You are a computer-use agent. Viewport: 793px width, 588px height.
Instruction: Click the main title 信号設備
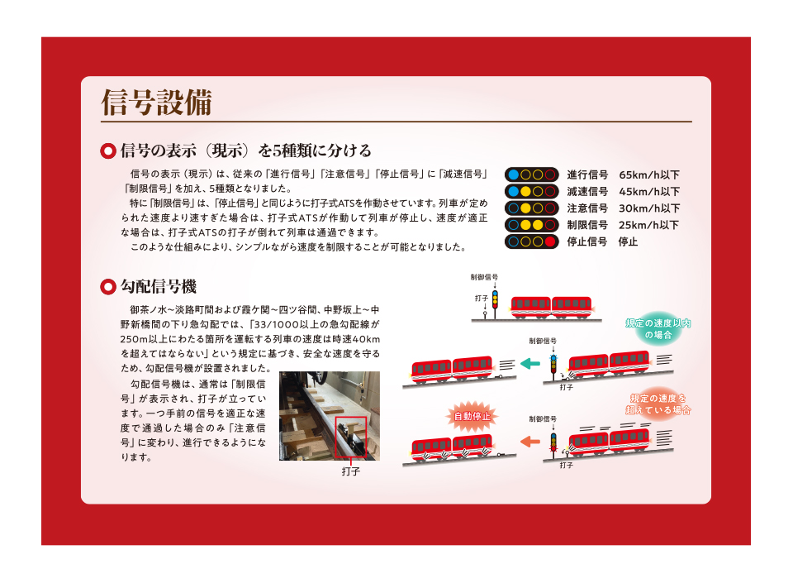coord(156,103)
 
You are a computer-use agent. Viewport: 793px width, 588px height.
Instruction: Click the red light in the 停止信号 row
coord(550,241)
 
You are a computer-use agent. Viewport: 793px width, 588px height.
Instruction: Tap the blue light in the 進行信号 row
coord(513,174)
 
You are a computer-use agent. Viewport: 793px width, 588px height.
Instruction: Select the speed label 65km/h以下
coord(649,174)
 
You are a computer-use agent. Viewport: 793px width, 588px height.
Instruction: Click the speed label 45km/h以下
coord(649,191)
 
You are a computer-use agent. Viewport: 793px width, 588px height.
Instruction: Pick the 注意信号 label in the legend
coord(587,208)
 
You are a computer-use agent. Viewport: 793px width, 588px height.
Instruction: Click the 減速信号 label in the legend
coord(587,191)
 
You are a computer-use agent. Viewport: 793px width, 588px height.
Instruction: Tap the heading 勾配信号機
coord(159,287)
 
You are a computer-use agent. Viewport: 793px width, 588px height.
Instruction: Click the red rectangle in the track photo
coord(350,437)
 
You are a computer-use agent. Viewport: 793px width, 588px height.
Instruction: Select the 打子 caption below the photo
coord(351,471)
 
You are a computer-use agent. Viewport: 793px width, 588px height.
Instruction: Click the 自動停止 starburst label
coord(472,416)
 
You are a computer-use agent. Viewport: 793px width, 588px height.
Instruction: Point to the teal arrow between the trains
coord(530,364)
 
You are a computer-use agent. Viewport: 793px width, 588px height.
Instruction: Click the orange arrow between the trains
coord(530,442)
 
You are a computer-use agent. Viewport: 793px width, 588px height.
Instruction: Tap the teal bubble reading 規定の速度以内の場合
coord(658,328)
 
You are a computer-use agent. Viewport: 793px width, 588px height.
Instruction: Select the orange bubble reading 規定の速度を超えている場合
coord(658,404)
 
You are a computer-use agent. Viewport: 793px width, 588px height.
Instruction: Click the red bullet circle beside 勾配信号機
coord(108,287)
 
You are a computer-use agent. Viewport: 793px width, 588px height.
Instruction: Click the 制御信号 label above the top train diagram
coord(484,277)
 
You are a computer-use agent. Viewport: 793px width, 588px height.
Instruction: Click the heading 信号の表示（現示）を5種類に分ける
coord(246,151)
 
